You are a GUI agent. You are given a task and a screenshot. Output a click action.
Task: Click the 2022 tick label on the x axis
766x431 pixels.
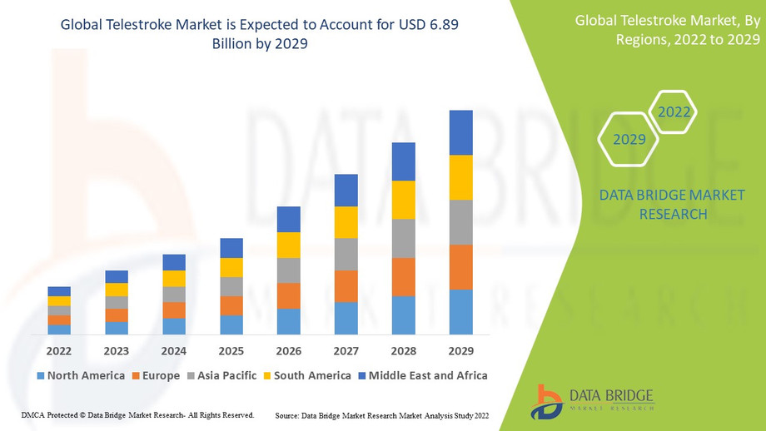(x=59, y=350)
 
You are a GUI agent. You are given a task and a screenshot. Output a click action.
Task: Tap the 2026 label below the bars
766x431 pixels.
(x=288, y=350)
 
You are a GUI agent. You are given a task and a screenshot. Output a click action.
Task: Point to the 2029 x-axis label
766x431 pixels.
(x=460, y=350)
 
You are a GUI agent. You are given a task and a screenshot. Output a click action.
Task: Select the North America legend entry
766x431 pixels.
(x=80, y=375)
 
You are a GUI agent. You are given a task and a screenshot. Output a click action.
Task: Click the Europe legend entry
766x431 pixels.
(x=155, y=375)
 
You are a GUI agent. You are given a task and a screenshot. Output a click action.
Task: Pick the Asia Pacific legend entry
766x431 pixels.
(x=222, y=375)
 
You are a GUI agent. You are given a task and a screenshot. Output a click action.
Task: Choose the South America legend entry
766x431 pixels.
(x=306, y=375)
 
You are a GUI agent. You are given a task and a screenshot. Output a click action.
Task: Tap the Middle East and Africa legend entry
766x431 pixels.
(x=422, y=375)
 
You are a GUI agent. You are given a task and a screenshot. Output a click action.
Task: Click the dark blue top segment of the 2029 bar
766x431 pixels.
(x=460, y=132)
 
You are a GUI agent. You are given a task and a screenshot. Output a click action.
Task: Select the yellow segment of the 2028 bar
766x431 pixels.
(x=404, y=200)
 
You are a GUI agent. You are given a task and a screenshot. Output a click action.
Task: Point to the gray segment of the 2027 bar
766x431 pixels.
(x=346, y=255)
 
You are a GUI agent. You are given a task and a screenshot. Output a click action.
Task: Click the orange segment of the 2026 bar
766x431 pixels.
(x=289, y=296)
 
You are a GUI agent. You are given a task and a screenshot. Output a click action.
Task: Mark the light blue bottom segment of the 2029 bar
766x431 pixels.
(x=460, y=312)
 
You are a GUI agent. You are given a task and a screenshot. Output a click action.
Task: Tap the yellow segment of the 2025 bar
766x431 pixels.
(x=231, y=267)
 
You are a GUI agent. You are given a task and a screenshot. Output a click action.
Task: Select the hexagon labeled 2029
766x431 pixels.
(x=629, y=139)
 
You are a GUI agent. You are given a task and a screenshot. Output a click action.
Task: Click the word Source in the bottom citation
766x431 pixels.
(x=287, y=414)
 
